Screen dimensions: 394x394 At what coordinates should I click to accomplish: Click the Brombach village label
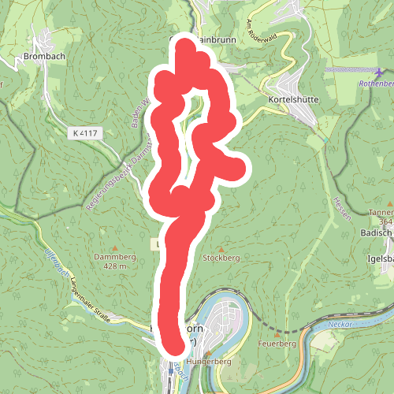click(x=43, y=58)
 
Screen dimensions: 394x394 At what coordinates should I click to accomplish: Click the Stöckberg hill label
click(x=220, y=258)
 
